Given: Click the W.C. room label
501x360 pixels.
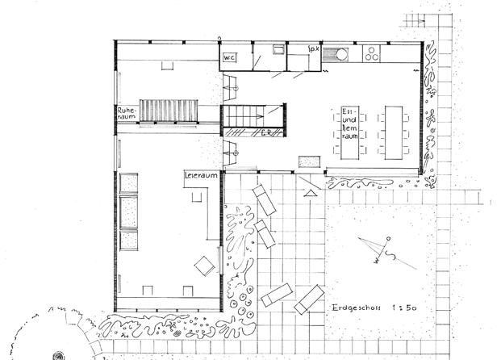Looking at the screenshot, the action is click(230, 57).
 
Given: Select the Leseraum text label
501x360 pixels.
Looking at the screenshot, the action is click(198, 174).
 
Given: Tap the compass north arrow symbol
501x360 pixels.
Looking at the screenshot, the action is click(378, 249).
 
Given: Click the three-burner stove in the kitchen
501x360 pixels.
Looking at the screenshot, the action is click(373, 54).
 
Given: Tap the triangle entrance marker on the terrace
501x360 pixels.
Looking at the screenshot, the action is click(311, 193).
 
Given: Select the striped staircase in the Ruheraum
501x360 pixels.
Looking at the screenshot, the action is click(169, 110).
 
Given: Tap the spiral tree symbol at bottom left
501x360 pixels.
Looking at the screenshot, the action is click(61, 352).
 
